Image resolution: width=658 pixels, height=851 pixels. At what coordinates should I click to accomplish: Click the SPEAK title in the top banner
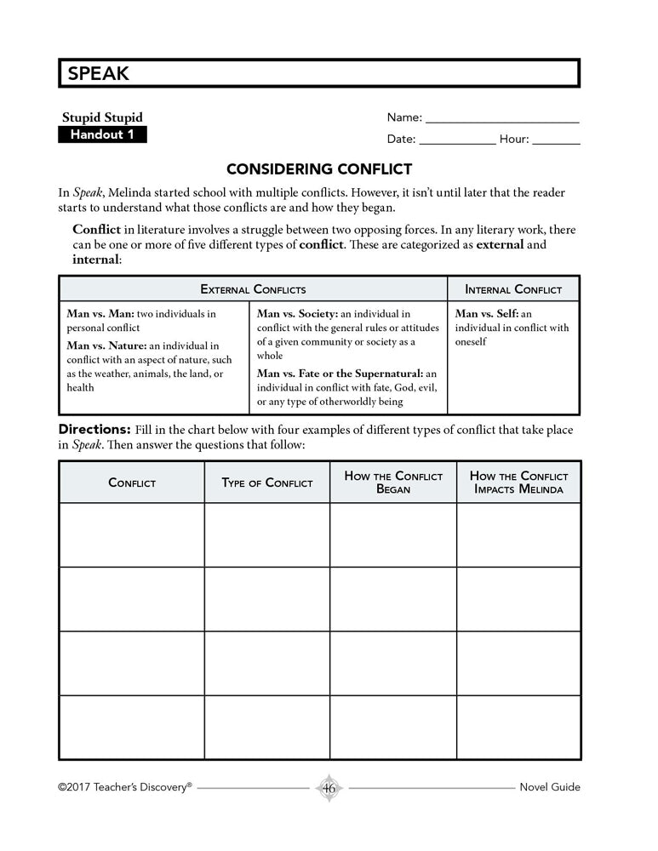pyautogui.click(x=94, y=74)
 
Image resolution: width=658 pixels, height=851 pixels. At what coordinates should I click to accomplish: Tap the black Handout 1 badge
pyautogui.click(x=102, y=134)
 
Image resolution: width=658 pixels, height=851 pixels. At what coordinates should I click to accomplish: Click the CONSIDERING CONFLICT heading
pyautogui.click(x=319, y=169)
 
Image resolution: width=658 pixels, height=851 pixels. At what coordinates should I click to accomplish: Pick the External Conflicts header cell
pyautogui.click(x=253, y=289)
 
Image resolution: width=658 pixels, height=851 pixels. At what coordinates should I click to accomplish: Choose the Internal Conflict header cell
pyautogui.click(x=513, y=289)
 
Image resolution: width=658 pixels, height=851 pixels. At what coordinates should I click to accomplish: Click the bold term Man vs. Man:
pyautogui.click(x=100, y=314)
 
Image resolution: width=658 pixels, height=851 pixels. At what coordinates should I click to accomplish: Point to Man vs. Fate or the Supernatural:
pyautogui.click(x=340, y=374)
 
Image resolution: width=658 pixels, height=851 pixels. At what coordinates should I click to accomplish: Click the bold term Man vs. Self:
pyautogui.click(x=486, y=314)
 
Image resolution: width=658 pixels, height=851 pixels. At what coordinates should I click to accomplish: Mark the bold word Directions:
pyautogui.click(x=94, y=430)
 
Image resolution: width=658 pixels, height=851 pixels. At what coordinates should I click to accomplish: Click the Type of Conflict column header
pyautogui.click(x=267, y=483)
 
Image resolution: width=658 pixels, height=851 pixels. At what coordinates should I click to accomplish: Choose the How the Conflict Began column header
pyautogui.click(x=393, y=483)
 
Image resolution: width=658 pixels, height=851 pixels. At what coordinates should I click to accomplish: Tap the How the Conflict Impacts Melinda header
pyautogui.click(x=518, y=483)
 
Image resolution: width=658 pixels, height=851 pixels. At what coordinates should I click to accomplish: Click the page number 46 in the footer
pyautogui.click(x=329, y=788)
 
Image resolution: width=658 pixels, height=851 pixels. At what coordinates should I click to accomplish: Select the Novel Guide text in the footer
pyautogui.click(x=549, y=787)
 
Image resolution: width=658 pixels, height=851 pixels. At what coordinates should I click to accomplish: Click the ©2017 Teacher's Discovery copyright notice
pyautogui.click(x=125, y=787)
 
